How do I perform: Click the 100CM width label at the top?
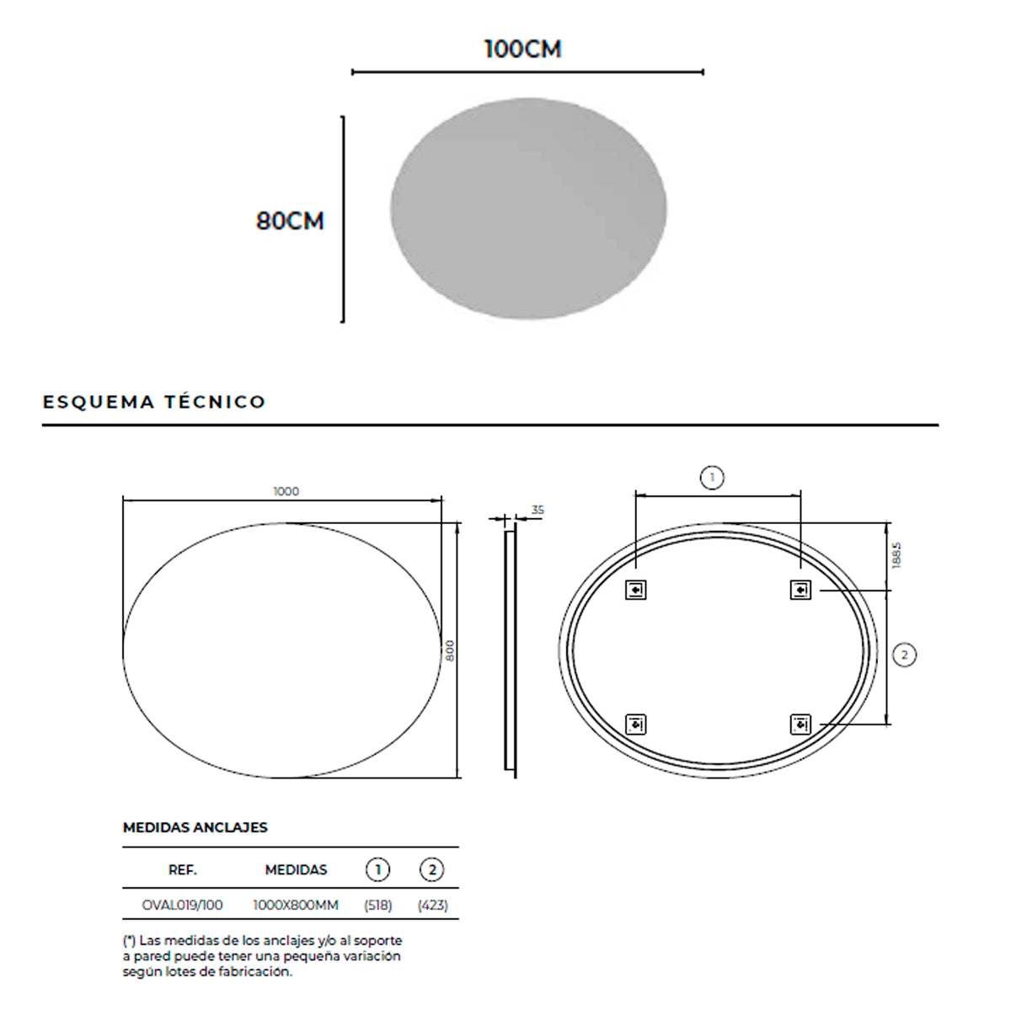(522, 50)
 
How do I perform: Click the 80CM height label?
(290, 222)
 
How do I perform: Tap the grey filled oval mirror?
(528, 209)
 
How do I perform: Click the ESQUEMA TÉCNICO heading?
(154, 402)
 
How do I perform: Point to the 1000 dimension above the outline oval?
(286, 491)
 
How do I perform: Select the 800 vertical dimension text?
(451, 650)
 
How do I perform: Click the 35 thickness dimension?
(538, 510)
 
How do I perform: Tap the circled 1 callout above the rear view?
(712, 479)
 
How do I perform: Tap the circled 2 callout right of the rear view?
(904, 655)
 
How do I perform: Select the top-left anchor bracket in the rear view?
(635, 591)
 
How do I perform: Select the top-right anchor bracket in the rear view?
(800, 591)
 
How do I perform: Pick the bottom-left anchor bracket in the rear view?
(635, 724)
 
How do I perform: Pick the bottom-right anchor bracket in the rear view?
(800, 724)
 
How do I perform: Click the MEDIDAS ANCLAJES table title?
(195, 827)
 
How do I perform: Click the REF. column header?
(183, 869)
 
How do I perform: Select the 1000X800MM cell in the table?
(296, 906)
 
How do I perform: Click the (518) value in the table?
(377, 906)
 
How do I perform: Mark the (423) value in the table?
(432, 906)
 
